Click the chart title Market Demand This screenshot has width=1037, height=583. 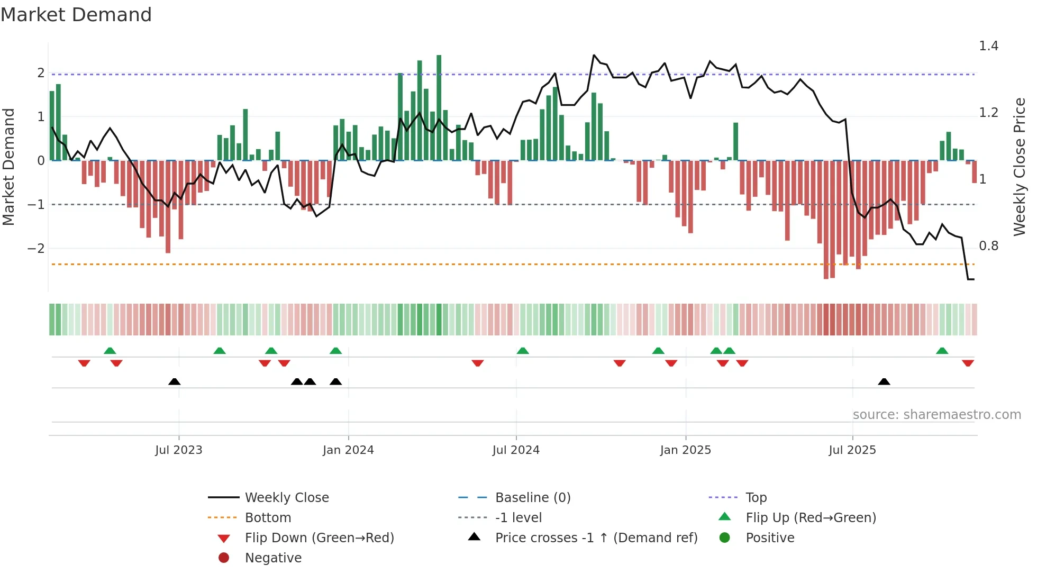click(76, 15)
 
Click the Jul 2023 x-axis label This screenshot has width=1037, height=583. click(178, 450)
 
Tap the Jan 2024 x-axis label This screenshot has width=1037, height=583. click(348, 450)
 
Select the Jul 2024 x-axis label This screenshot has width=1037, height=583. click(516, 450)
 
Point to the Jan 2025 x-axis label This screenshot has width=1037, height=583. click(685, 450)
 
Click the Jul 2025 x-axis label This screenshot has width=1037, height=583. click(852, 450)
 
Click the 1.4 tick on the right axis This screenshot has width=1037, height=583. click(988, 46)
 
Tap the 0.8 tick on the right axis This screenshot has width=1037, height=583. click(988, 246)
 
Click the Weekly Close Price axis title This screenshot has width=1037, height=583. click(1019, 167)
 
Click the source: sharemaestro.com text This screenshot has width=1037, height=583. click(936, 415)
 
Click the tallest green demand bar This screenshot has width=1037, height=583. click(439, 106)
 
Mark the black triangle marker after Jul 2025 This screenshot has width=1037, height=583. click(884, 381)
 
